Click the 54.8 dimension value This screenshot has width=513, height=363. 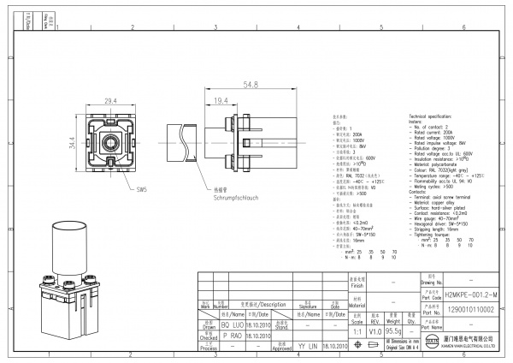coord(251,86)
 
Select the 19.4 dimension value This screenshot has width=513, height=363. coord(220,101)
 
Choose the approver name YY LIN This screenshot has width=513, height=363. coord(306,347)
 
